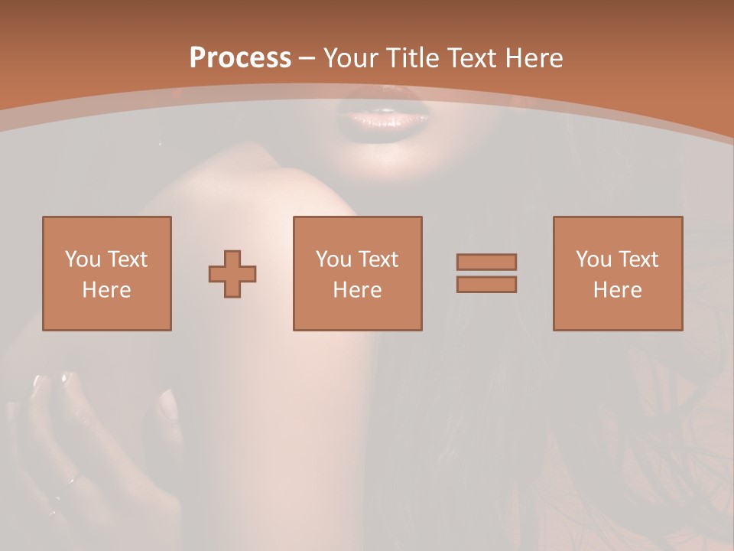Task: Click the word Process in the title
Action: (240, 57)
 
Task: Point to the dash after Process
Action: (307, 58)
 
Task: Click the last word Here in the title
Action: (533, 57)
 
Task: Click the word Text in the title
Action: (472, 57)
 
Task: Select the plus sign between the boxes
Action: (232, 273)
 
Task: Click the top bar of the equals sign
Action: (486, 262)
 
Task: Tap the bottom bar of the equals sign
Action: (486, 284)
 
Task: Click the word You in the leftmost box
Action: (83, 259)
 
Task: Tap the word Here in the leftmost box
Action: (107, 290)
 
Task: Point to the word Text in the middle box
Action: (379, 259)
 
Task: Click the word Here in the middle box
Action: (358, 290)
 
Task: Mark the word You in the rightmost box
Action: (593, 259)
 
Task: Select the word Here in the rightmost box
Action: (618, 290)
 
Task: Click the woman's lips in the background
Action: (382, 119)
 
